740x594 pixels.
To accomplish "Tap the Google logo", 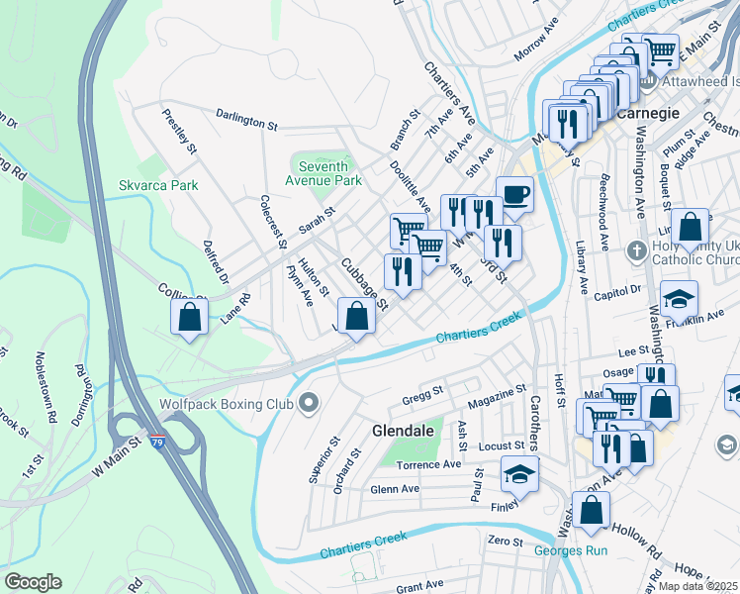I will [33, 582].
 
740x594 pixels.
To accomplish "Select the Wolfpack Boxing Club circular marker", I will [310, 402].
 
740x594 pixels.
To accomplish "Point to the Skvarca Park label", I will [158, 185].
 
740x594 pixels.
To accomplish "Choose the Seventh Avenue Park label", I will [323, 173].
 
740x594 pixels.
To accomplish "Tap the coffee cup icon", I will [514, 193].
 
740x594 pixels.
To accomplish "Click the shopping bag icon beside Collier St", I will [190, 318].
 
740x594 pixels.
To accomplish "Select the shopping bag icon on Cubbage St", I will [359, 316].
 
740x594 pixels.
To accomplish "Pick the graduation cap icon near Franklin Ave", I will [680, 298].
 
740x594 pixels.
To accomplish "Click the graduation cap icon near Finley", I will [520, 474].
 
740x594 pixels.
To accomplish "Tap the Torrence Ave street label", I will [428, 464].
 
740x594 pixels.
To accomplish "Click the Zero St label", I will [504, 541].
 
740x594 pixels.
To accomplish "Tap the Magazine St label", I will [495, 395].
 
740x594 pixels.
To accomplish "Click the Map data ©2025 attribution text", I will [697, 586].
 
